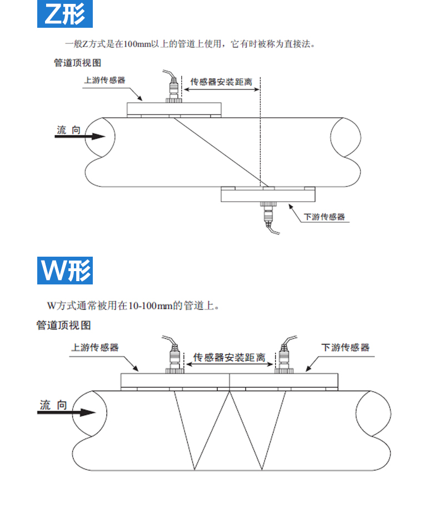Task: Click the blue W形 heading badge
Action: click(x=64, y=271)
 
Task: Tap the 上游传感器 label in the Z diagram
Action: click(x=104, y=80)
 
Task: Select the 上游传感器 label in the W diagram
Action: click(x=95, y=348)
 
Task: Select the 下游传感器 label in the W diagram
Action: click(x=346, y=348)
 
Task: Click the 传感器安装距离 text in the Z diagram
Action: click(x=221, y=82)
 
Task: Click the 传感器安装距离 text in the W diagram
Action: click(x=228, y=357)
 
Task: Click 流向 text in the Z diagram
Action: click(x=68, y=129)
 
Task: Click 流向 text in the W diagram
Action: click(x=53, y=405)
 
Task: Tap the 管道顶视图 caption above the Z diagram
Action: click(x=77, y=63)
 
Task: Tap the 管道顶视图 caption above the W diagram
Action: click(x=63, y=325)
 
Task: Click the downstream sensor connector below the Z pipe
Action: click(x=268, y=214)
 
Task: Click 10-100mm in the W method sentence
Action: click(x=151, y=305)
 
